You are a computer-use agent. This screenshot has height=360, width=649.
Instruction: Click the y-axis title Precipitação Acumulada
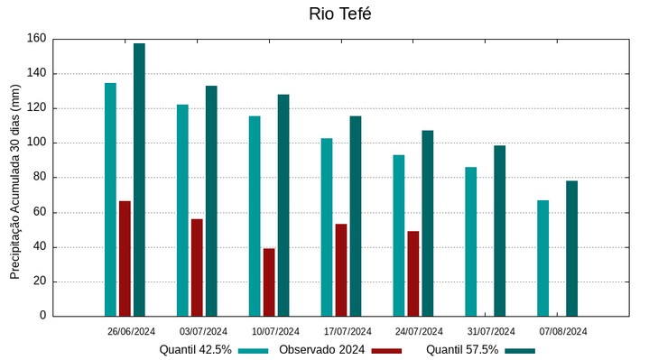click(x=14, y=177)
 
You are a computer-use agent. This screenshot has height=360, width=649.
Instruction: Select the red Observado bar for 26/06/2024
click(x=125, y=258)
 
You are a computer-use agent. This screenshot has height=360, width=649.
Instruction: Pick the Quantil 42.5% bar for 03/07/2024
click(x=182, y=210)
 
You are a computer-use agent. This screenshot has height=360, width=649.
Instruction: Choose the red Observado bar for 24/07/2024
click(x=413, y=273)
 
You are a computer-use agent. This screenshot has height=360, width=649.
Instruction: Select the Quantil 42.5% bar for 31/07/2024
click(x=471, y=241)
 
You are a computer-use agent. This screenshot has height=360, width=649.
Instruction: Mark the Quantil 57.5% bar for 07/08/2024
click(x=572, y=248)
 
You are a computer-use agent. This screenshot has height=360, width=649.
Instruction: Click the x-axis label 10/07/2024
click(x=275, y=331)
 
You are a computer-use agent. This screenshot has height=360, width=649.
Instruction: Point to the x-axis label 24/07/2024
click(x=419, y=331)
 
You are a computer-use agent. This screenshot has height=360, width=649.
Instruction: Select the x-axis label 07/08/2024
click(x=563, y=331)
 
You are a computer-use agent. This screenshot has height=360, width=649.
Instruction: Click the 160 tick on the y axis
click(x=36, y=39)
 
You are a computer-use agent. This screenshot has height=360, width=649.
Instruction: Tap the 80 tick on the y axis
click(x=39, y=178)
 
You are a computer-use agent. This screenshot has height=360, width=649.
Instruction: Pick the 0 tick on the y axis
click(x=42, y=316)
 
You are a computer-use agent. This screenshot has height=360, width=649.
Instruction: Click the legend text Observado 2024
click(x=321, y=349)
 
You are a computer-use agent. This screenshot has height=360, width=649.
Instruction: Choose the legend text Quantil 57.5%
click(x=462, y=349)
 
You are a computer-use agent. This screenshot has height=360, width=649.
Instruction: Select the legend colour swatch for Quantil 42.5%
click(x=254, y=350)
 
